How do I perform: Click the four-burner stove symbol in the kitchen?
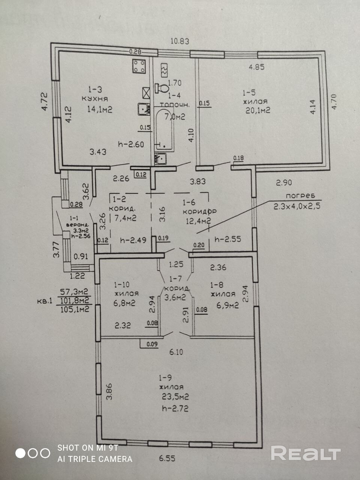[139, 67]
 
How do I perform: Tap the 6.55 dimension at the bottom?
[167, 458]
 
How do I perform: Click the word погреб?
[299, 196]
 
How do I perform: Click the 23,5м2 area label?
[174, 397]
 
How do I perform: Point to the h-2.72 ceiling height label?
[173, 408]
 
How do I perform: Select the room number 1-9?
[165, 378]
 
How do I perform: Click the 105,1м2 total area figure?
[75, 309]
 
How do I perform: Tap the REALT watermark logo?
[306, 454]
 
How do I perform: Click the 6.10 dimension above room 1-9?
[176, 352]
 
